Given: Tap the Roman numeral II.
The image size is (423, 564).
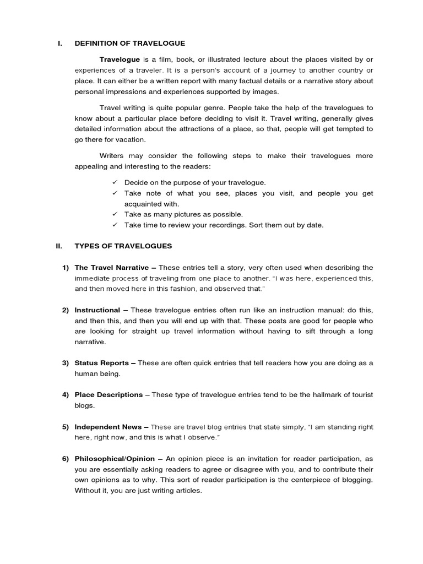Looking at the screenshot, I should click(x=59, y=246).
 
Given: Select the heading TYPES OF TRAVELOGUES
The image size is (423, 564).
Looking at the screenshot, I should click(x=123, y=246).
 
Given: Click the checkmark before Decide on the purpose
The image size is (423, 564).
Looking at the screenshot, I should click(x=115, y=182).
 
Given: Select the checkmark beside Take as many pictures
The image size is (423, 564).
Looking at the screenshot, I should click(x=115, y=214).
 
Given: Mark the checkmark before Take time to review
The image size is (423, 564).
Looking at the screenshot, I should click(x=115, y=225).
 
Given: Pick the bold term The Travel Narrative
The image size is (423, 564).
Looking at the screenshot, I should click(x=112, y=268).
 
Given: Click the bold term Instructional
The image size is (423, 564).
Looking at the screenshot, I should click(x=97, y=310).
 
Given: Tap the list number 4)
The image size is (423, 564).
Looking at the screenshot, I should click(x=65, y=394).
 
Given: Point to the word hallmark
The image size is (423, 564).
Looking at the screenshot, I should click(x=330, y=394).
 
